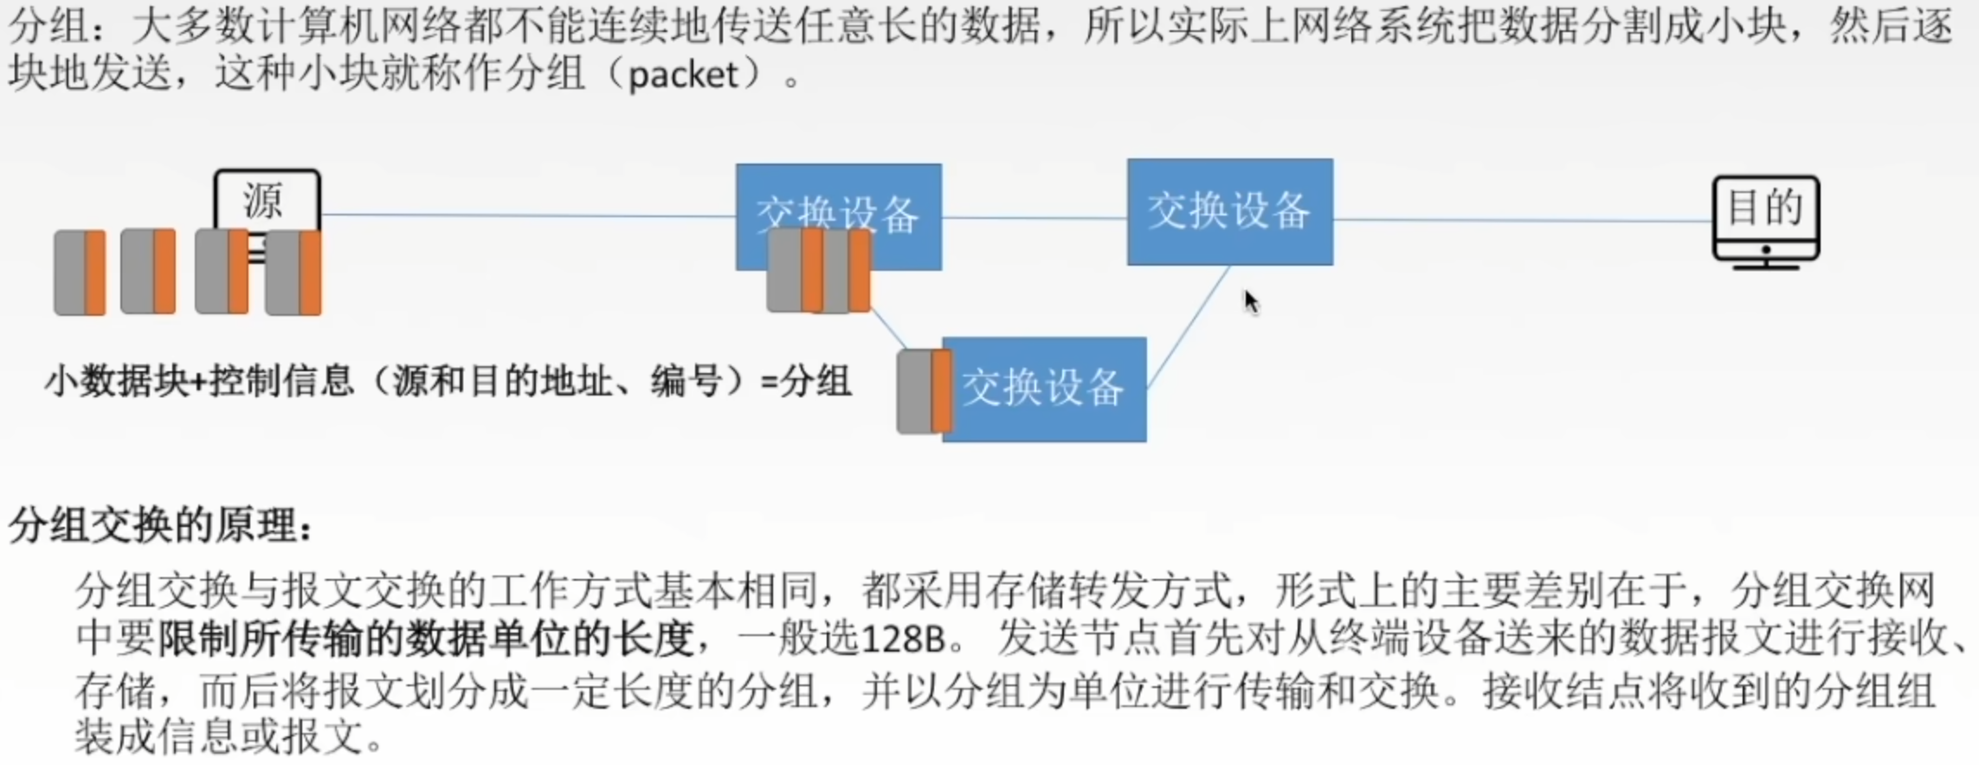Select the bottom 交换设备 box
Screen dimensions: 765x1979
pyautogui.click(x=1044, y=389)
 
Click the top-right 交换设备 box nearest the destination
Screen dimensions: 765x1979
pyautogui.click(x=1229, y=212)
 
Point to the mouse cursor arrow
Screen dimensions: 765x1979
pyautogui.click(x=1250, y=301)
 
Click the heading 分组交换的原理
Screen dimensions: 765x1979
pyautogui.click(x=160, y=524)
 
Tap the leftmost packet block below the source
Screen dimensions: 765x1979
pyautogui.click(x=80, y=273)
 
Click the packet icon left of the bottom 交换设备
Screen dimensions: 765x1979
pyautogui.click(x=924, y=391)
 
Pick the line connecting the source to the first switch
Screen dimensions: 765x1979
pyautogui.click(x=528, y=215)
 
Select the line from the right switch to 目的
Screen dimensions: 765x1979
pyautogui.click(x=1524, y=220)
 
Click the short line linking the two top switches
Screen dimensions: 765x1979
pyautogui.click(x=1035, y=217)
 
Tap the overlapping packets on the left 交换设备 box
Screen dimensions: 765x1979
pyautogui.click(x=818, y=270)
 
